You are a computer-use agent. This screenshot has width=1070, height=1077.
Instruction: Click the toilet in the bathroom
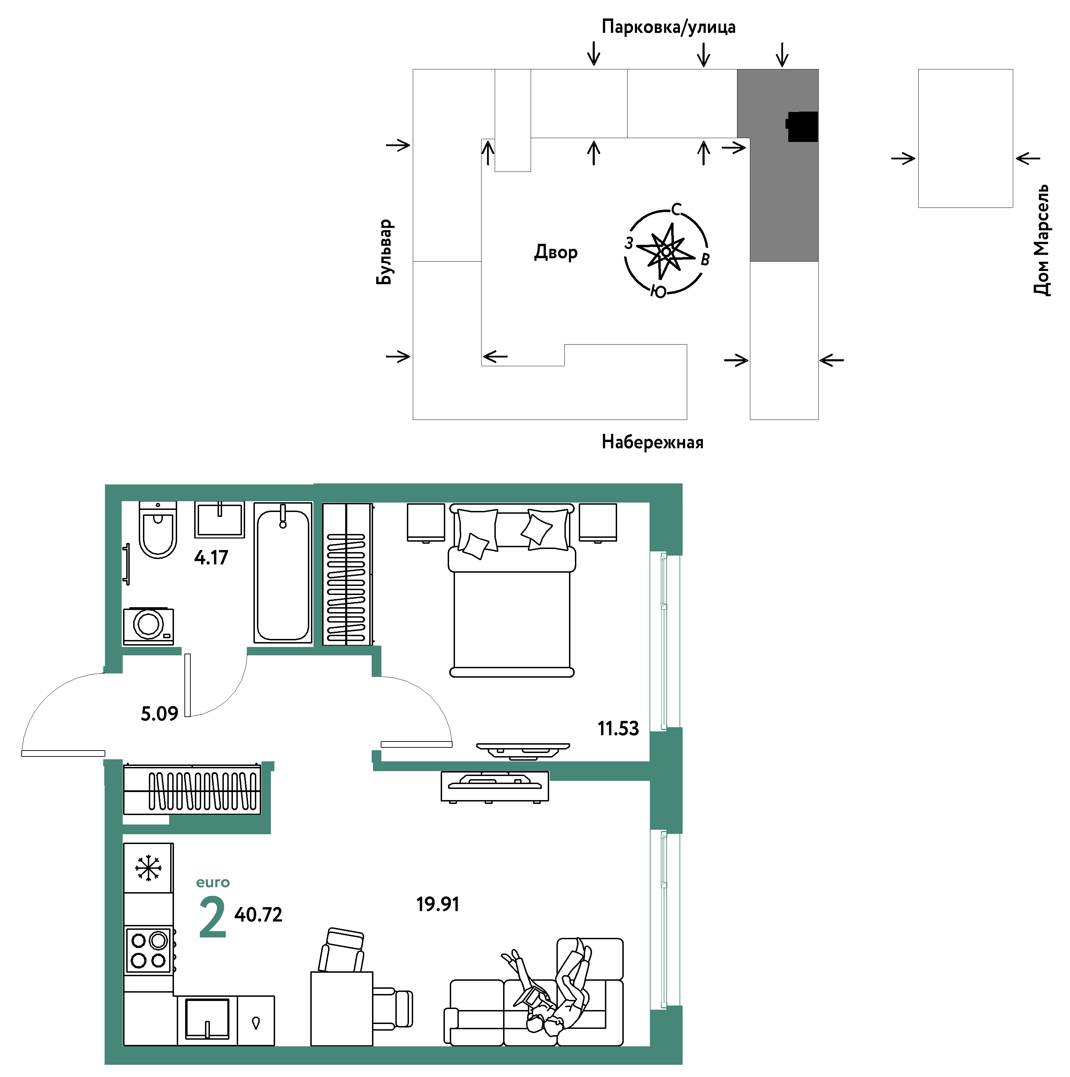(158, 529)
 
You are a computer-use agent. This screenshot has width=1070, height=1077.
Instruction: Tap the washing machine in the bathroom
(148, 625)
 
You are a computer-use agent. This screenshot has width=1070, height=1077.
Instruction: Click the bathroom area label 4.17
(211, 557)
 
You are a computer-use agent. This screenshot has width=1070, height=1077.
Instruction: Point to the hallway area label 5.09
(159, 714)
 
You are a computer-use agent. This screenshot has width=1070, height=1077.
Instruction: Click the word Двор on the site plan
(556, 253)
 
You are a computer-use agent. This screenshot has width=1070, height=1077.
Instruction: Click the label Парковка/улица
(669, 27)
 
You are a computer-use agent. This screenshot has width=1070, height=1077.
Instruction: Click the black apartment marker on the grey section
(802, 127)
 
